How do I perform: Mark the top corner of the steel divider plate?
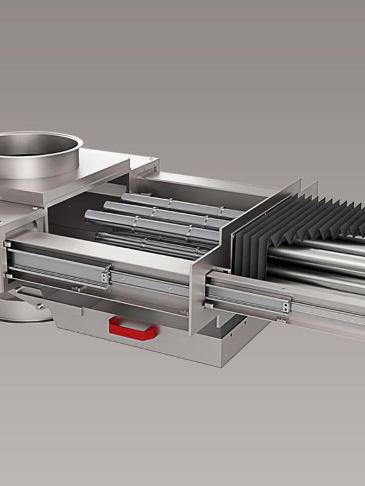[299, 180]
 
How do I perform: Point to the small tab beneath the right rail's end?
[280, 318]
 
